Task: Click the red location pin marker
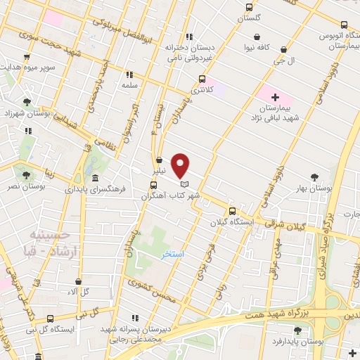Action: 181,165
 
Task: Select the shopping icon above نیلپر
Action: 160,160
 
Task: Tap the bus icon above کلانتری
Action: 202,79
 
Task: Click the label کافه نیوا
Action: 259,48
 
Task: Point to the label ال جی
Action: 283,62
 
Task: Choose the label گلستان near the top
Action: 249,18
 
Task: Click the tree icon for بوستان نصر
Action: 27,175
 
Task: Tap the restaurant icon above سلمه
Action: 129,74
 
